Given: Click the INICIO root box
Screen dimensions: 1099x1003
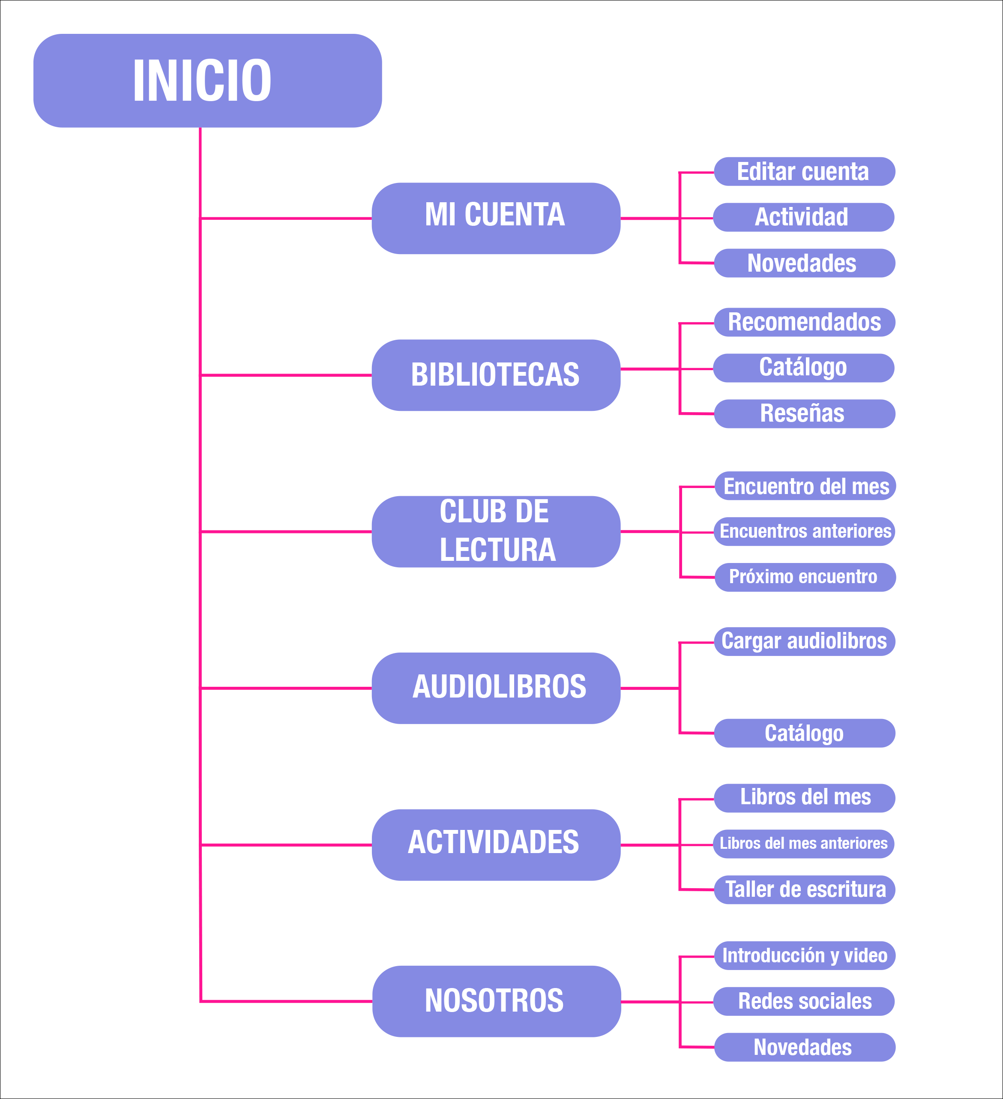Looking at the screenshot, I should coord(207,81).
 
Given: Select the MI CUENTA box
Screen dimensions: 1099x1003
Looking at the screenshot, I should coord(496,218).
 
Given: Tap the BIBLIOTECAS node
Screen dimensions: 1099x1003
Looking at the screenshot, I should coord(496,375).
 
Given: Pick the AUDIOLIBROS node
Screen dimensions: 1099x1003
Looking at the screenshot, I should coord(496,688).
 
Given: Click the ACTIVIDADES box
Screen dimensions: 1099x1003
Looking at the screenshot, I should coord(496,844).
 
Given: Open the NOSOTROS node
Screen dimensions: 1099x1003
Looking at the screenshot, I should coord(496,1001).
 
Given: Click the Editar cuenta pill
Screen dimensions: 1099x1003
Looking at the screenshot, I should coord(804,172).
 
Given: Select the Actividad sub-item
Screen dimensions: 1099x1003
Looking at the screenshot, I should coord(803,217).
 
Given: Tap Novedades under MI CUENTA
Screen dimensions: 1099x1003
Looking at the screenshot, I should coord(804,264).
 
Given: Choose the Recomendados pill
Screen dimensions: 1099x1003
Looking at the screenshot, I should coord(804,322).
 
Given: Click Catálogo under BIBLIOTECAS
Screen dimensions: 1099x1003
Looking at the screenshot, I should coord(803,368).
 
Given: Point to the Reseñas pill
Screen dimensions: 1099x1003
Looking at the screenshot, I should coord(804,414).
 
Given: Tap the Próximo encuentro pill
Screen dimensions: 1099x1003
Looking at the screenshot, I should coord(805,577).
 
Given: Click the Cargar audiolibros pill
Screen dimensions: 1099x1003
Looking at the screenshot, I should coord(804,641).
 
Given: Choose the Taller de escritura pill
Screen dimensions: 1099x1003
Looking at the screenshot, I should coord(804,889).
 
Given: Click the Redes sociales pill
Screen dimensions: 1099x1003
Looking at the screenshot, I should coord(803,1001).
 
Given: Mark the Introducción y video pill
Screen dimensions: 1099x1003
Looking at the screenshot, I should coord(805,955).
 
